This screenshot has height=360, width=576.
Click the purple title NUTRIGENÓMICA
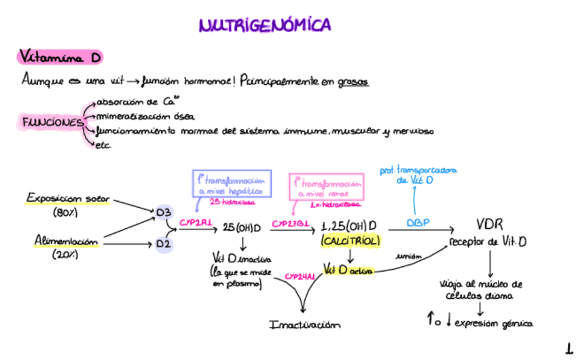click(265, 26)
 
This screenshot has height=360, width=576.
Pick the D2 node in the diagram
click(164, 242)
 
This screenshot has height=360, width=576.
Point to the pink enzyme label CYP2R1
click(196, 222)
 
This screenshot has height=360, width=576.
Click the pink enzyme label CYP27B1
click(291, 223)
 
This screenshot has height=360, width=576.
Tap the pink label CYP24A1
click(300, 276)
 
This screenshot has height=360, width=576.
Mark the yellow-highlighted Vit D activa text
click(348, 269)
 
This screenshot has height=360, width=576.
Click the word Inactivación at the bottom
click(304, 325)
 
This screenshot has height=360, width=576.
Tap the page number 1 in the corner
click(569, 349)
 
